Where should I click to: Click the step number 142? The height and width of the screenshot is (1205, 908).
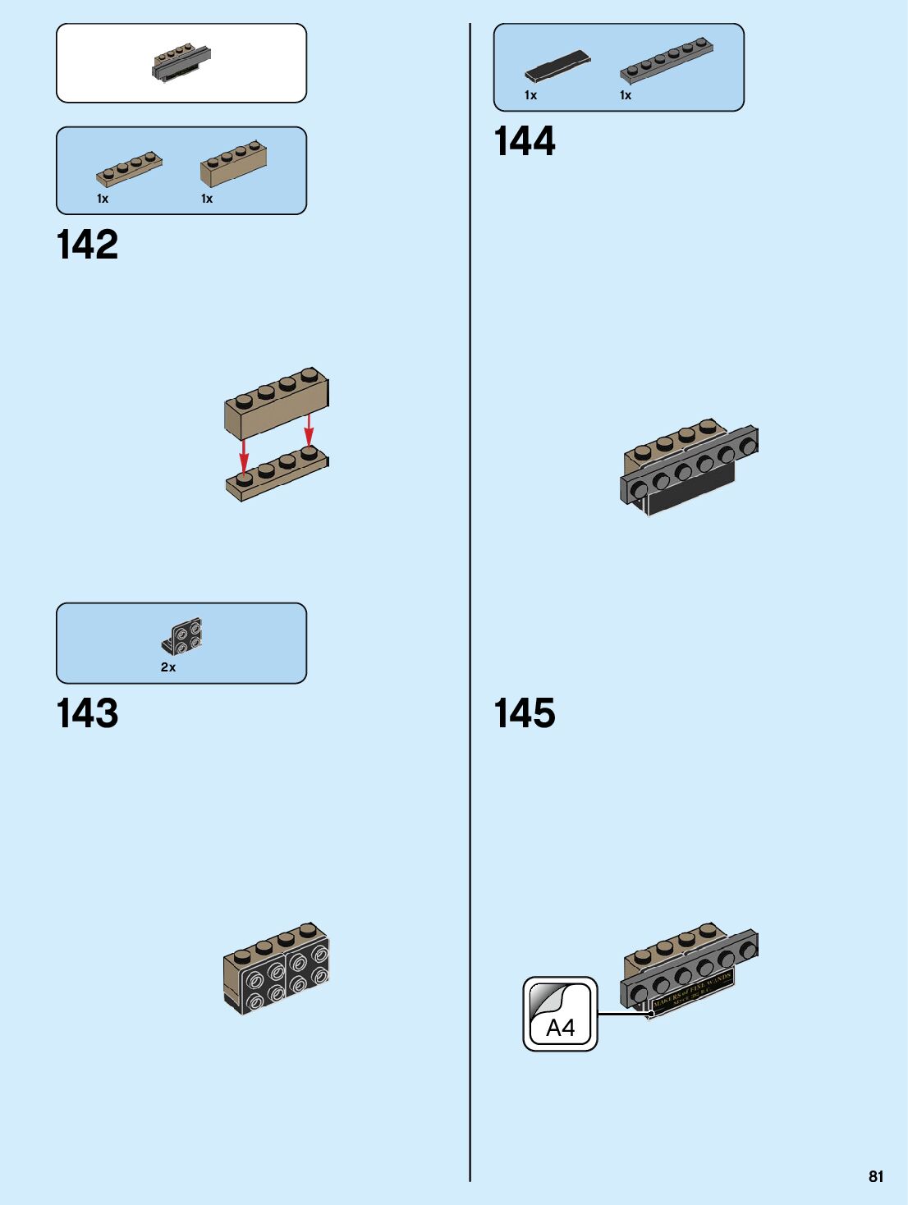click(x=87, y=245)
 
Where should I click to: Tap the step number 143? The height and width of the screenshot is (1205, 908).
click(x=87, y=713)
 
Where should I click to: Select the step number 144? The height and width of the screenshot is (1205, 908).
click(x=525, y=141)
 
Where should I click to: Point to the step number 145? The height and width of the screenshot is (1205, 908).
click(x=525, y=713)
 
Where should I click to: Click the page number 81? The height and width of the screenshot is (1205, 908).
click(x=876, y=1176)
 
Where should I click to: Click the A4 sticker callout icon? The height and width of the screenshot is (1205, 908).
click(x=561, y=1014)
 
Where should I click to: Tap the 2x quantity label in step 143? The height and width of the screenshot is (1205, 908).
click(x=168, y=667)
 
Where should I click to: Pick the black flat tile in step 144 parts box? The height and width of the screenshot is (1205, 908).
click(x=557, y=66)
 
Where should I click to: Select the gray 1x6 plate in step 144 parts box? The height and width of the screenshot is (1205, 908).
click(x=666, y=60)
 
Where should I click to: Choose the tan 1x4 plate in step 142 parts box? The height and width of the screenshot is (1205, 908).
click(x=129, y=168)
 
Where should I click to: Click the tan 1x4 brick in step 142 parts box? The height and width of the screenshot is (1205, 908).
click(x=233, y=163)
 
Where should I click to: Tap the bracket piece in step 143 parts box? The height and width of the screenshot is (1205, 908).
click(x=182, y=637)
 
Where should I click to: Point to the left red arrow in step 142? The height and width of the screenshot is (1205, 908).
click(x=244, y=456)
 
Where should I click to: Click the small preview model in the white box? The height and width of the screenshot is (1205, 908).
click(x=181, y=63)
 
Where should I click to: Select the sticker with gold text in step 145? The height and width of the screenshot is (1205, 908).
click(x=692, y=992)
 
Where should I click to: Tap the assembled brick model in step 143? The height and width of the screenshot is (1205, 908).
click(x=276, y=969)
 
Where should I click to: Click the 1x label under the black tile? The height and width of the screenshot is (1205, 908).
click(x=530, y=95)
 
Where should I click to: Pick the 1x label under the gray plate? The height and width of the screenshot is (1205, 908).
click(x=626, y=95)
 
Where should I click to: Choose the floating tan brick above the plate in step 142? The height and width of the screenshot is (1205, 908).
click(x=277, y=402)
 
